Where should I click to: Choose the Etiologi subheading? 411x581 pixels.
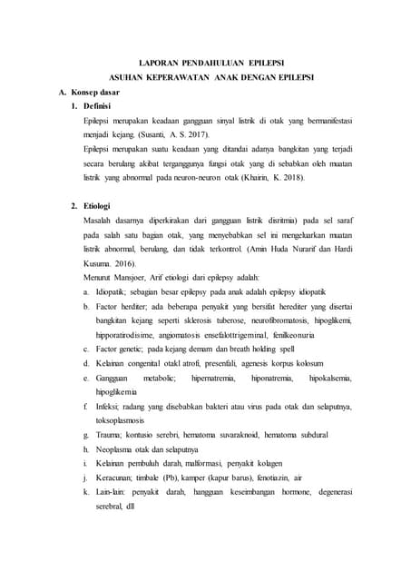tap(97, 206)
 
